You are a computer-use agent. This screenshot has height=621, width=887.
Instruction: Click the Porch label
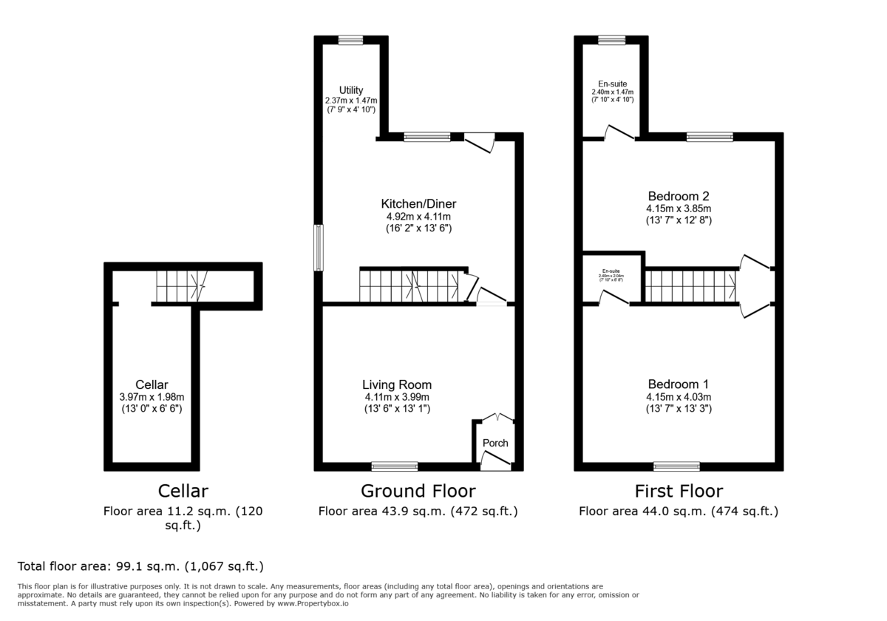(x=495, y=443)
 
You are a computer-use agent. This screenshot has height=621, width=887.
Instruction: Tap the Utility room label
(x=351, y=90)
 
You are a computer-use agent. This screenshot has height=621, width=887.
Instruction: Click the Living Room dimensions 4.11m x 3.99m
(x=397, y=397)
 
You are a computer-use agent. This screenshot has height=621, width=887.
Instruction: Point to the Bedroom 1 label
(x=679, y=384)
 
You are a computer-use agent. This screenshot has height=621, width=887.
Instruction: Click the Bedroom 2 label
(x=679, y=196)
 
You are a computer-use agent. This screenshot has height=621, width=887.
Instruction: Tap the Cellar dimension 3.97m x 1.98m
(x=152, y=397)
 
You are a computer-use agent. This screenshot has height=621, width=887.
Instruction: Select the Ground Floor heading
(x=418, y=491)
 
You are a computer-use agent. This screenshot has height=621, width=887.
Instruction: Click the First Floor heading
(x=679, y=491)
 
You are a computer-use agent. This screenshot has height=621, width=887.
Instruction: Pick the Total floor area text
(x=140, y=567)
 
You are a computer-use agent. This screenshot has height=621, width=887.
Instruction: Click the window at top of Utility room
(x=351, y=40)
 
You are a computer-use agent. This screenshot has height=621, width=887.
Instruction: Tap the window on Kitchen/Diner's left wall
(x=319, y=248)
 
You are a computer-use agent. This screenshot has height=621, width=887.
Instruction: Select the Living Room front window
(x=394, y=466)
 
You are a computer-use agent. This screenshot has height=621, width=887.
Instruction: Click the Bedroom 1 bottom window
(x=676, y=466)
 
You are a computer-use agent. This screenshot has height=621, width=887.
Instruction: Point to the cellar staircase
(x=181, y=285)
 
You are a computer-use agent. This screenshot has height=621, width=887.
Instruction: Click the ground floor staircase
(x=411, y=285)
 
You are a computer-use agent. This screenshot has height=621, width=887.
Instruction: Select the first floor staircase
(x=691, y=285)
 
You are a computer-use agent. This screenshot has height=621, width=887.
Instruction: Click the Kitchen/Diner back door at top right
(x=479, y=142)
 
